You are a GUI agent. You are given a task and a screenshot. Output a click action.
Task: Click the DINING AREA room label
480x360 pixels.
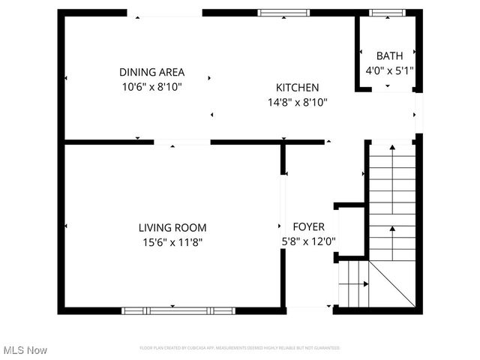(x=152, y=72)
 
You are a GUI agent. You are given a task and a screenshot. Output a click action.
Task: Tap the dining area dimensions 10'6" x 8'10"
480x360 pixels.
(x=152, y=86)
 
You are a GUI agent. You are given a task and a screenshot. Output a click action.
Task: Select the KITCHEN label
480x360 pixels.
(x=297, y=87)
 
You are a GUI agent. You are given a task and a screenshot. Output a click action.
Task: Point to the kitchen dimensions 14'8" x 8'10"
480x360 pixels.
(x=297, y=101)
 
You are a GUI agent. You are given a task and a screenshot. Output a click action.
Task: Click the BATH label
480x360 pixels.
(x=389, y=55)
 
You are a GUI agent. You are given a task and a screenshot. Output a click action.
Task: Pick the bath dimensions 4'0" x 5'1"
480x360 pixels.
(x=389, y=70)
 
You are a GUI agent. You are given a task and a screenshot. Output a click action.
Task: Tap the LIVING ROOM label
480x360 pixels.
(x=172, y=227)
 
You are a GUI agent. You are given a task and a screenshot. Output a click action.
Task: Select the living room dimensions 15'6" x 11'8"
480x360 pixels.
(x=172, y=241)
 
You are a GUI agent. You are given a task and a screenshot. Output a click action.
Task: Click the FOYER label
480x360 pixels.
(x=308, y=226)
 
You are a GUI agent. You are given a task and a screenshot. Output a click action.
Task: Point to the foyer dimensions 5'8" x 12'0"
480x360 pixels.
(x=307, y=241)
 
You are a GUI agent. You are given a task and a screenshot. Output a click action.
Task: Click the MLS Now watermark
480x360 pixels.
(x=25, y=350)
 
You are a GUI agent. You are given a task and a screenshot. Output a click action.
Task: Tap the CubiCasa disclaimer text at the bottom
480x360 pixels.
(x=240, y=348)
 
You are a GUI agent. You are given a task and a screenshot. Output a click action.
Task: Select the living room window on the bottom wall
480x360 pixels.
(x=178, y=310)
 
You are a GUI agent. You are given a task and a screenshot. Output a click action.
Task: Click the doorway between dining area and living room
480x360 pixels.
(x=182, y=142)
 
